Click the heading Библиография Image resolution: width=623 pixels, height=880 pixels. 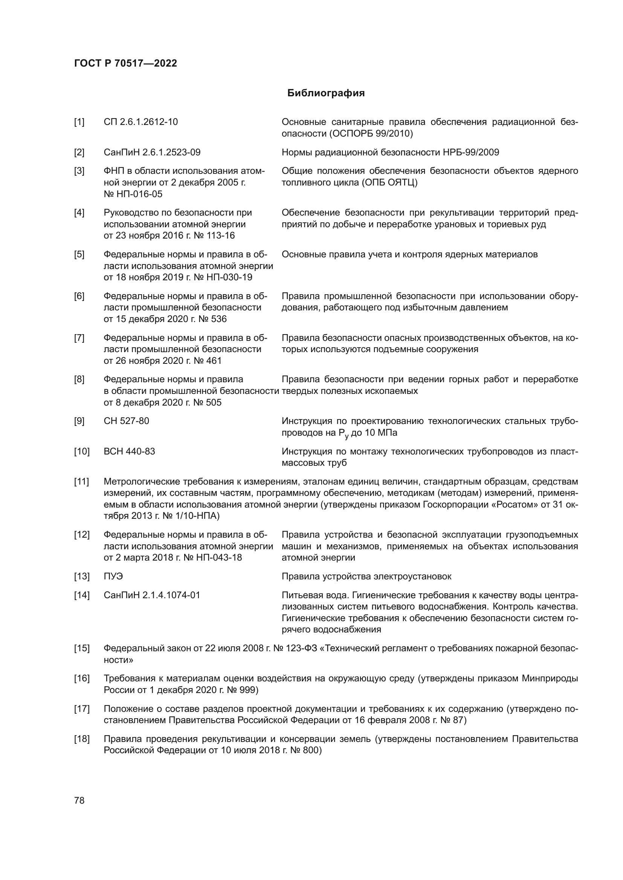point(326,93)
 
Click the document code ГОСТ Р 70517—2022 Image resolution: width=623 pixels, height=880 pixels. point(125,63)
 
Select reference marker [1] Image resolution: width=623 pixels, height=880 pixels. point(79,122)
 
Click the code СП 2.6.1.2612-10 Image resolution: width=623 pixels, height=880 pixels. point(140,122)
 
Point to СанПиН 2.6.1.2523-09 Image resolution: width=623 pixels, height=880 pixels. point(152,152)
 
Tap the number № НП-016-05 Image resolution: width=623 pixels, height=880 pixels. point(133,194)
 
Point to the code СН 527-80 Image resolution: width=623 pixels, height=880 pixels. point(126,421)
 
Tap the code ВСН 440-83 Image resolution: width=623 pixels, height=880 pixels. point(129,451)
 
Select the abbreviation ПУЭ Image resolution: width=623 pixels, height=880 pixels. point(113,576)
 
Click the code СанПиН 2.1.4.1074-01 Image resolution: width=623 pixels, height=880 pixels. point(152,595)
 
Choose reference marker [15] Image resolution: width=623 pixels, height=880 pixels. point(81,649)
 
